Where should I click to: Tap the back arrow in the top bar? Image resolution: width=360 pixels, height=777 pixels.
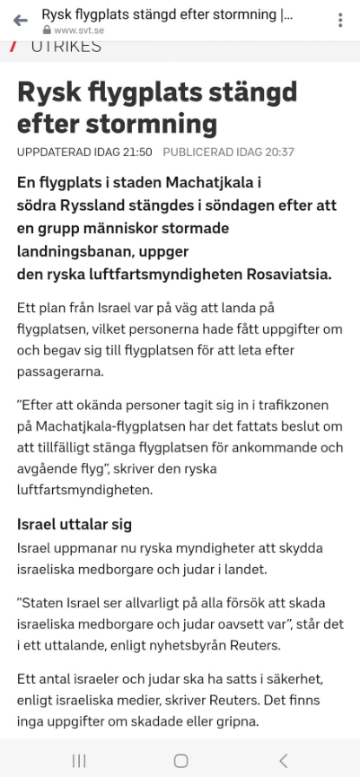(x=21, y=20)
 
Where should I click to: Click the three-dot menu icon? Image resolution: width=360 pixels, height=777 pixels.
(x=340, y=20)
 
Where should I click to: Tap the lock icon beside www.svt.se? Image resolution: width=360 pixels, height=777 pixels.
(x=47, y=30)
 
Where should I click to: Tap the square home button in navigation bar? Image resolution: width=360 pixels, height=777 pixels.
(x=180, y=760)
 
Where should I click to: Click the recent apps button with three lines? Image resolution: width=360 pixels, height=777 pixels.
(x=79, y=760)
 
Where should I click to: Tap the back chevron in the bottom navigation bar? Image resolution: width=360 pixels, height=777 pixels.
(x=283, y=760)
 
